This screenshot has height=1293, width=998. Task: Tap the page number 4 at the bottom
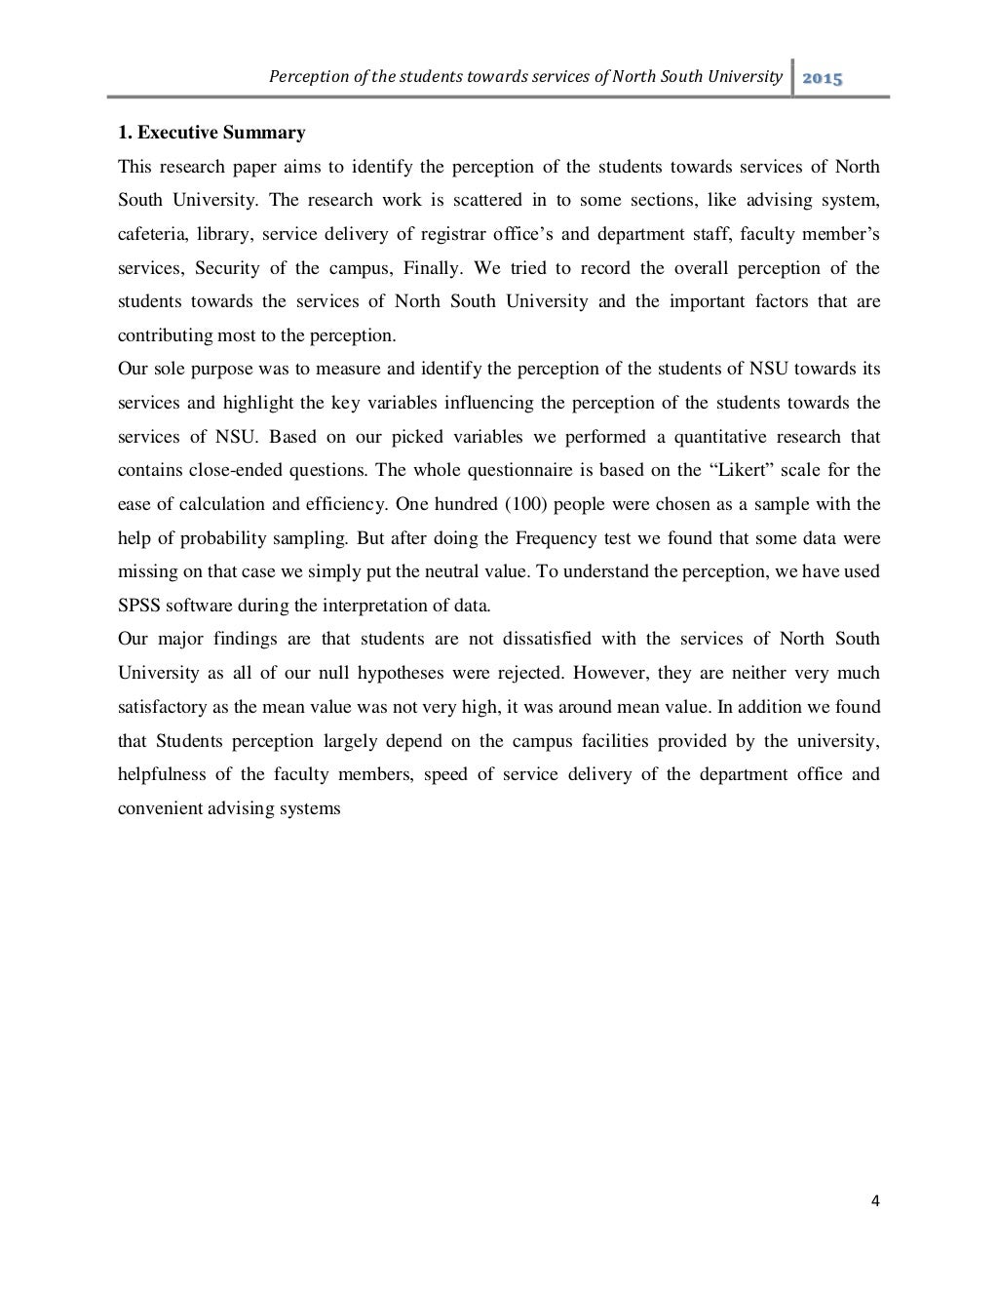click(x=874, y=1201)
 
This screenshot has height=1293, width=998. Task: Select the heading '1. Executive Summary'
click(x=211, y=133)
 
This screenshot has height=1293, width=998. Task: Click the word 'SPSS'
click(x=139, y=606)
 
